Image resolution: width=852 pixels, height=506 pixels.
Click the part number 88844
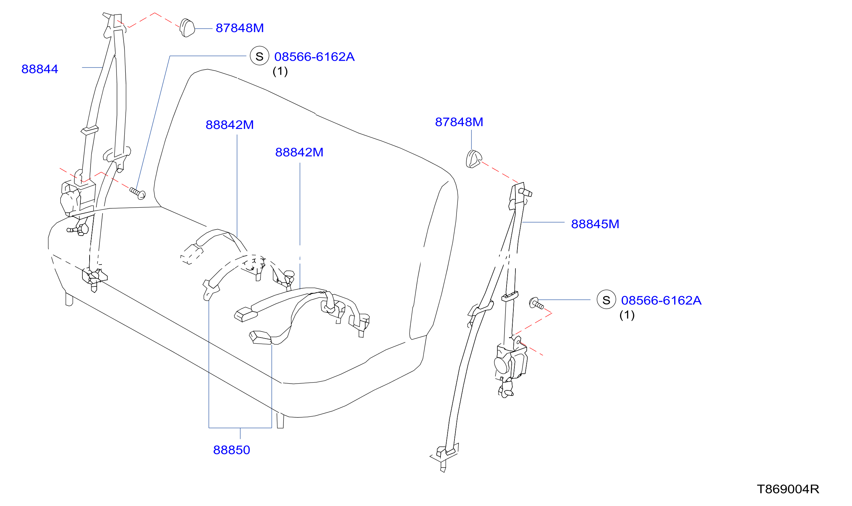[40, 69]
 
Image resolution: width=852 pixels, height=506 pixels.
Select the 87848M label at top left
[240, 28]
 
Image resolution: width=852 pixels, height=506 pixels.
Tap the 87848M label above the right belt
[459, 122]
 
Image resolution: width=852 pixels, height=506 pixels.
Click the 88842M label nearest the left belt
[230, 125]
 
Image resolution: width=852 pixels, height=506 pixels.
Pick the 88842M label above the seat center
[299, 152]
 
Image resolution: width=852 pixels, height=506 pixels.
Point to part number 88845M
[595, 224]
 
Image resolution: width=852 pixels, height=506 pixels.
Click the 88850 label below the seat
[232, 450]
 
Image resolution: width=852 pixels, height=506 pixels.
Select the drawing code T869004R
[788, 489]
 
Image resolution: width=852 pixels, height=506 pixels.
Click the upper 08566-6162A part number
[314, 57]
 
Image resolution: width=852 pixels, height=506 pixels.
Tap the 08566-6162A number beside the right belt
[661, 300]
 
